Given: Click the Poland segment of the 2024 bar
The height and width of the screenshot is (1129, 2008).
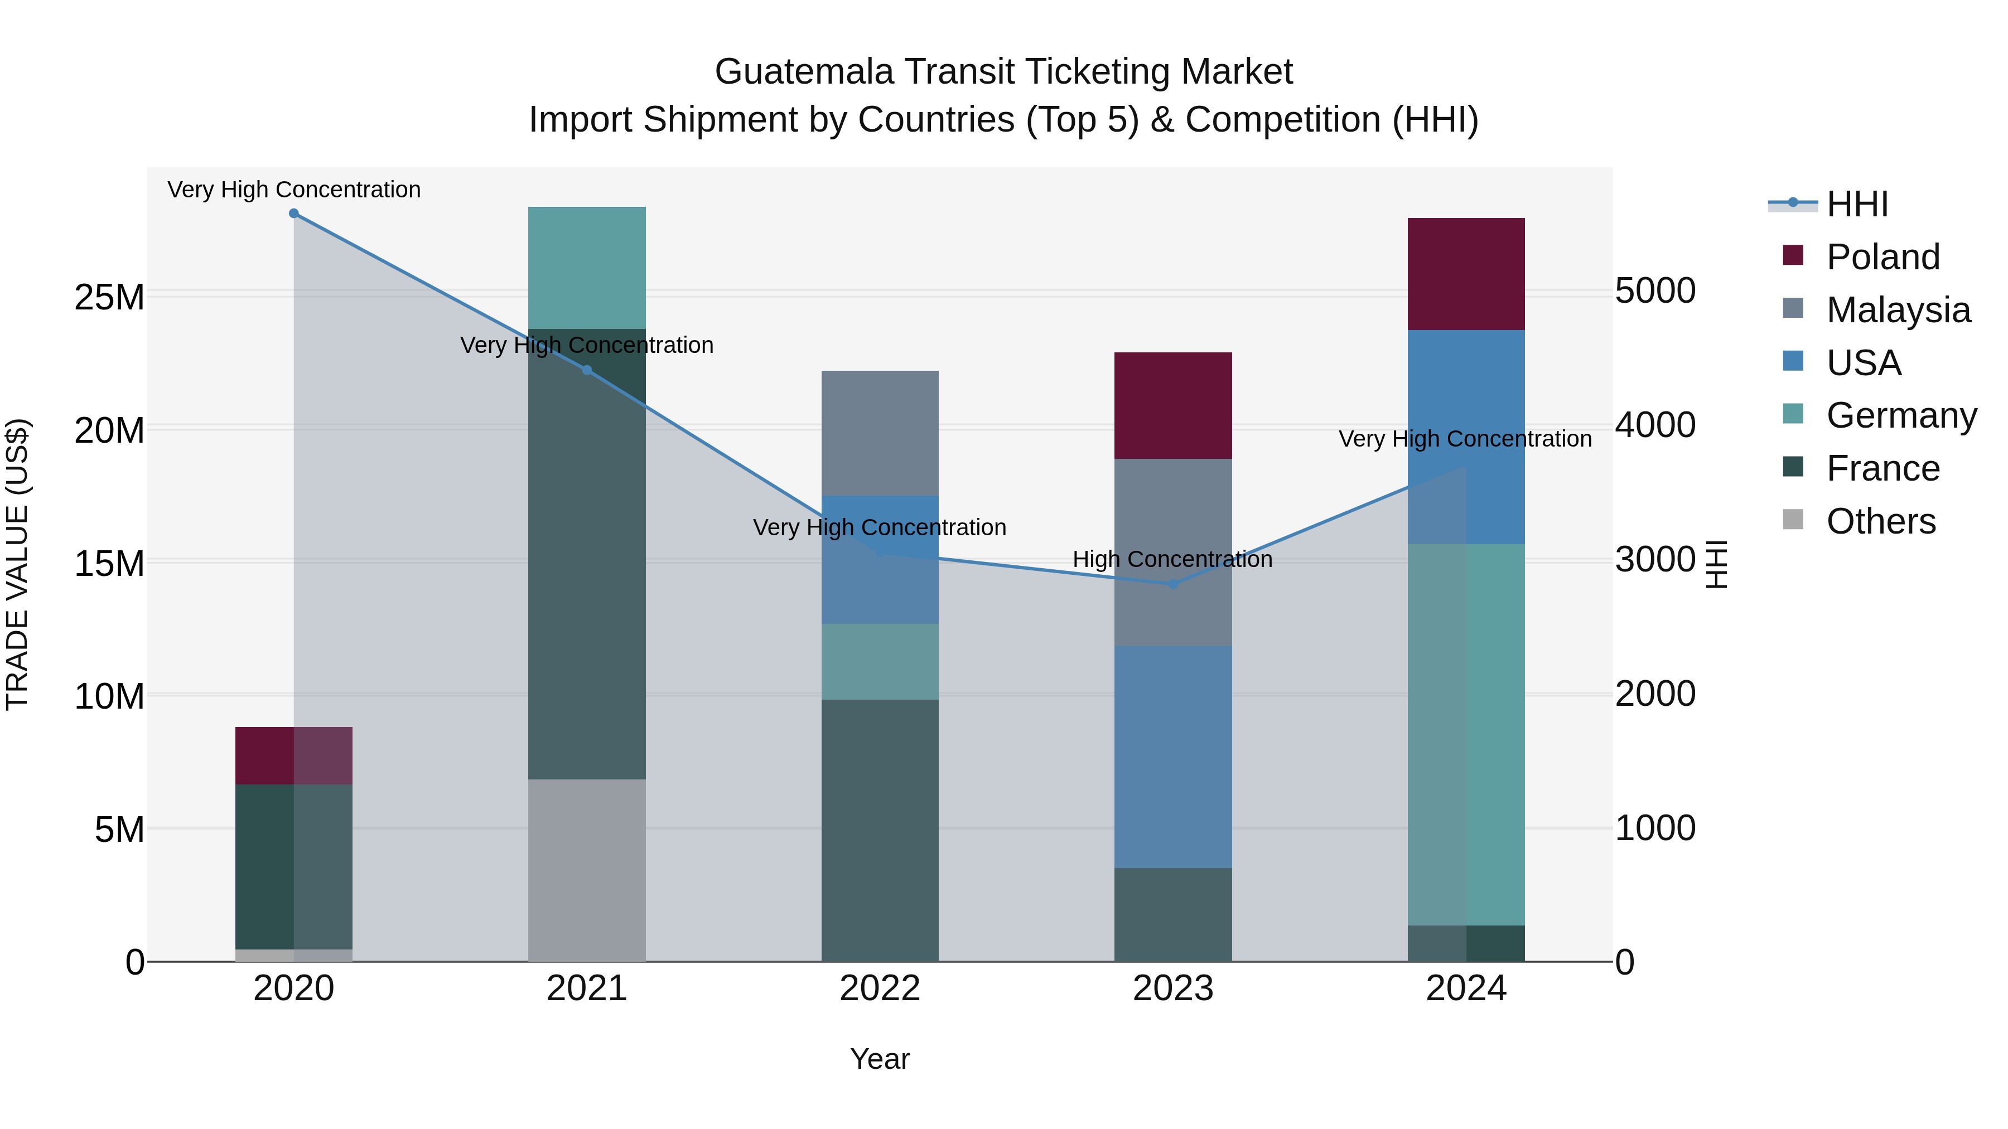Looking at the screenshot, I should (x=1465, y=274).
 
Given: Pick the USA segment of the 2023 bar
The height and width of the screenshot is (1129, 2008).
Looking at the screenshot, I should (x=1172, y=756).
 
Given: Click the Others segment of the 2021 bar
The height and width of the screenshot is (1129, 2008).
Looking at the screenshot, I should (x=587, y=870).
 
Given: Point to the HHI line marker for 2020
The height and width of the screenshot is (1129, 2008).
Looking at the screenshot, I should (x=294, y=214).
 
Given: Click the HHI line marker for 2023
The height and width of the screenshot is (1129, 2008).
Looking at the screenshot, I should (x=1172, y=584).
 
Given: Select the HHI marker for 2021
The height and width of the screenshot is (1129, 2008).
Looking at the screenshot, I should (x=587, y=370).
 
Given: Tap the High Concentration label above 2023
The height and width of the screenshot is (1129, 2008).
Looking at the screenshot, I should (x=1172, y=559).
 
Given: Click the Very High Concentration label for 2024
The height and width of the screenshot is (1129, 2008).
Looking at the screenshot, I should (x=1465, y=439).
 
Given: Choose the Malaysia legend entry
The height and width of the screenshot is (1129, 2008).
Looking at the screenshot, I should (x=1898, y=310).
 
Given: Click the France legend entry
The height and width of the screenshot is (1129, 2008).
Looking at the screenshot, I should (x=1883, y=468).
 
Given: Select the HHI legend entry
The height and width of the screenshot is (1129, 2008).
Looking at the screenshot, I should (x=1857, y=204).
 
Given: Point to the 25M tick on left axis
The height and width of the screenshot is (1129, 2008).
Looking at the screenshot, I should (x=109, y=297).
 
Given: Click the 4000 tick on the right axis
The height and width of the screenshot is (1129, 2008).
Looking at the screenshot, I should (x=1655, y=425).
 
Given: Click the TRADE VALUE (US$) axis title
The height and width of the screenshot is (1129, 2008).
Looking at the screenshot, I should (x=17, y=564).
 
